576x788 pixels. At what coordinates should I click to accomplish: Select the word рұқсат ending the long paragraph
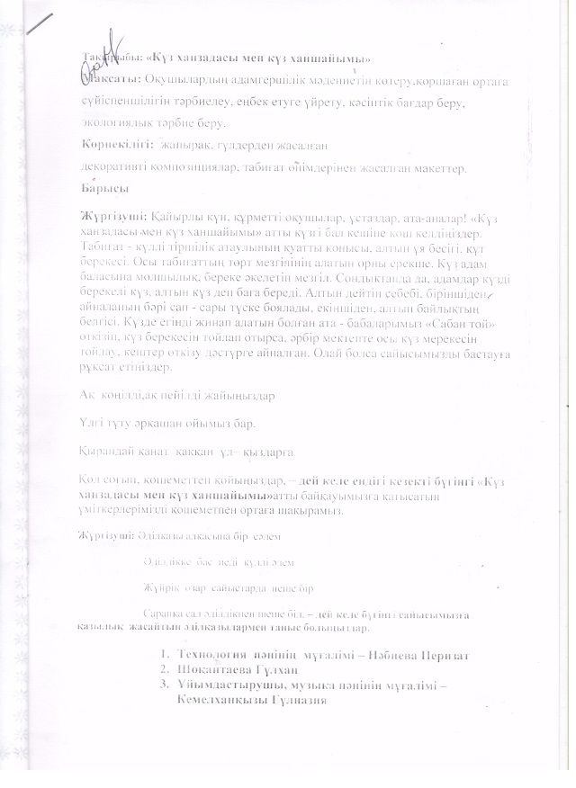(98, 368)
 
